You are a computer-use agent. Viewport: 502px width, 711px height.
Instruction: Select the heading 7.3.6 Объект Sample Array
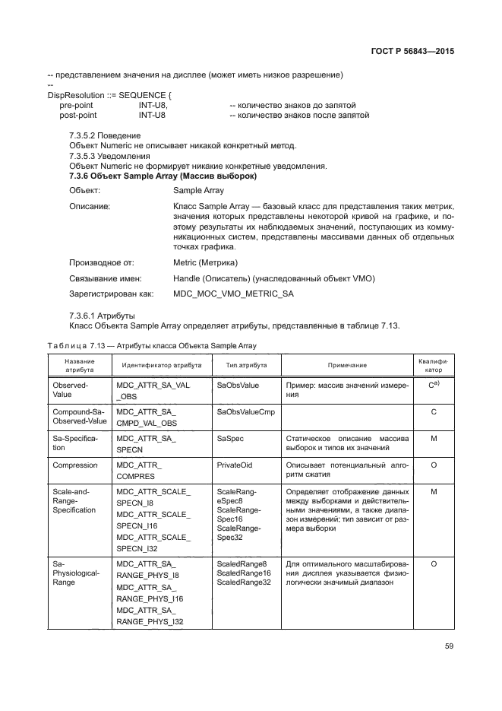click(x=163, y=176)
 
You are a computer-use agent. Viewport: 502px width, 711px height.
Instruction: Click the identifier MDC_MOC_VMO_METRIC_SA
click(x=233, y=293)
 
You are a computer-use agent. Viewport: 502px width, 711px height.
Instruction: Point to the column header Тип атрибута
click(x=242, y=365)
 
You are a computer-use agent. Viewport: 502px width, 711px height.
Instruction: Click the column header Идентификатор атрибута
click(x=161, y=365)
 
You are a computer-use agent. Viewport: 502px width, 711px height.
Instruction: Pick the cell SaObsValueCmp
click(x=245, y=411)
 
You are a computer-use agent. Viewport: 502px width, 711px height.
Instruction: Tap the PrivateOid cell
click(x=235, y=465)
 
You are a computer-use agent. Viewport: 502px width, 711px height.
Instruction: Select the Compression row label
click(x=74, y=465)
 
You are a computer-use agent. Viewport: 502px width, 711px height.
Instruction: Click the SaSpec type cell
click(x=230, y=438)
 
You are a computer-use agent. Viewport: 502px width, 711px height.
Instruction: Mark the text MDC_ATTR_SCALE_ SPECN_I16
click(x=152, y=520)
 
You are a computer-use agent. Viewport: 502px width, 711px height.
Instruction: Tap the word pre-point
click(x=77, y=105)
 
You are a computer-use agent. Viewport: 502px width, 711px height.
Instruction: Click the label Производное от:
click(x=101, y=262)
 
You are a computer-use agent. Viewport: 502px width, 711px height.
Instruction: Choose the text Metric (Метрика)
click(x=205, y=262)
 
